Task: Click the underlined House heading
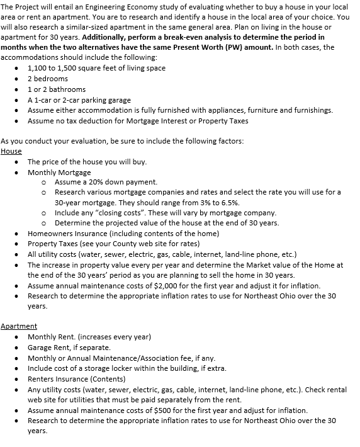tap(11, 151)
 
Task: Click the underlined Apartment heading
tap(19, 326)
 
